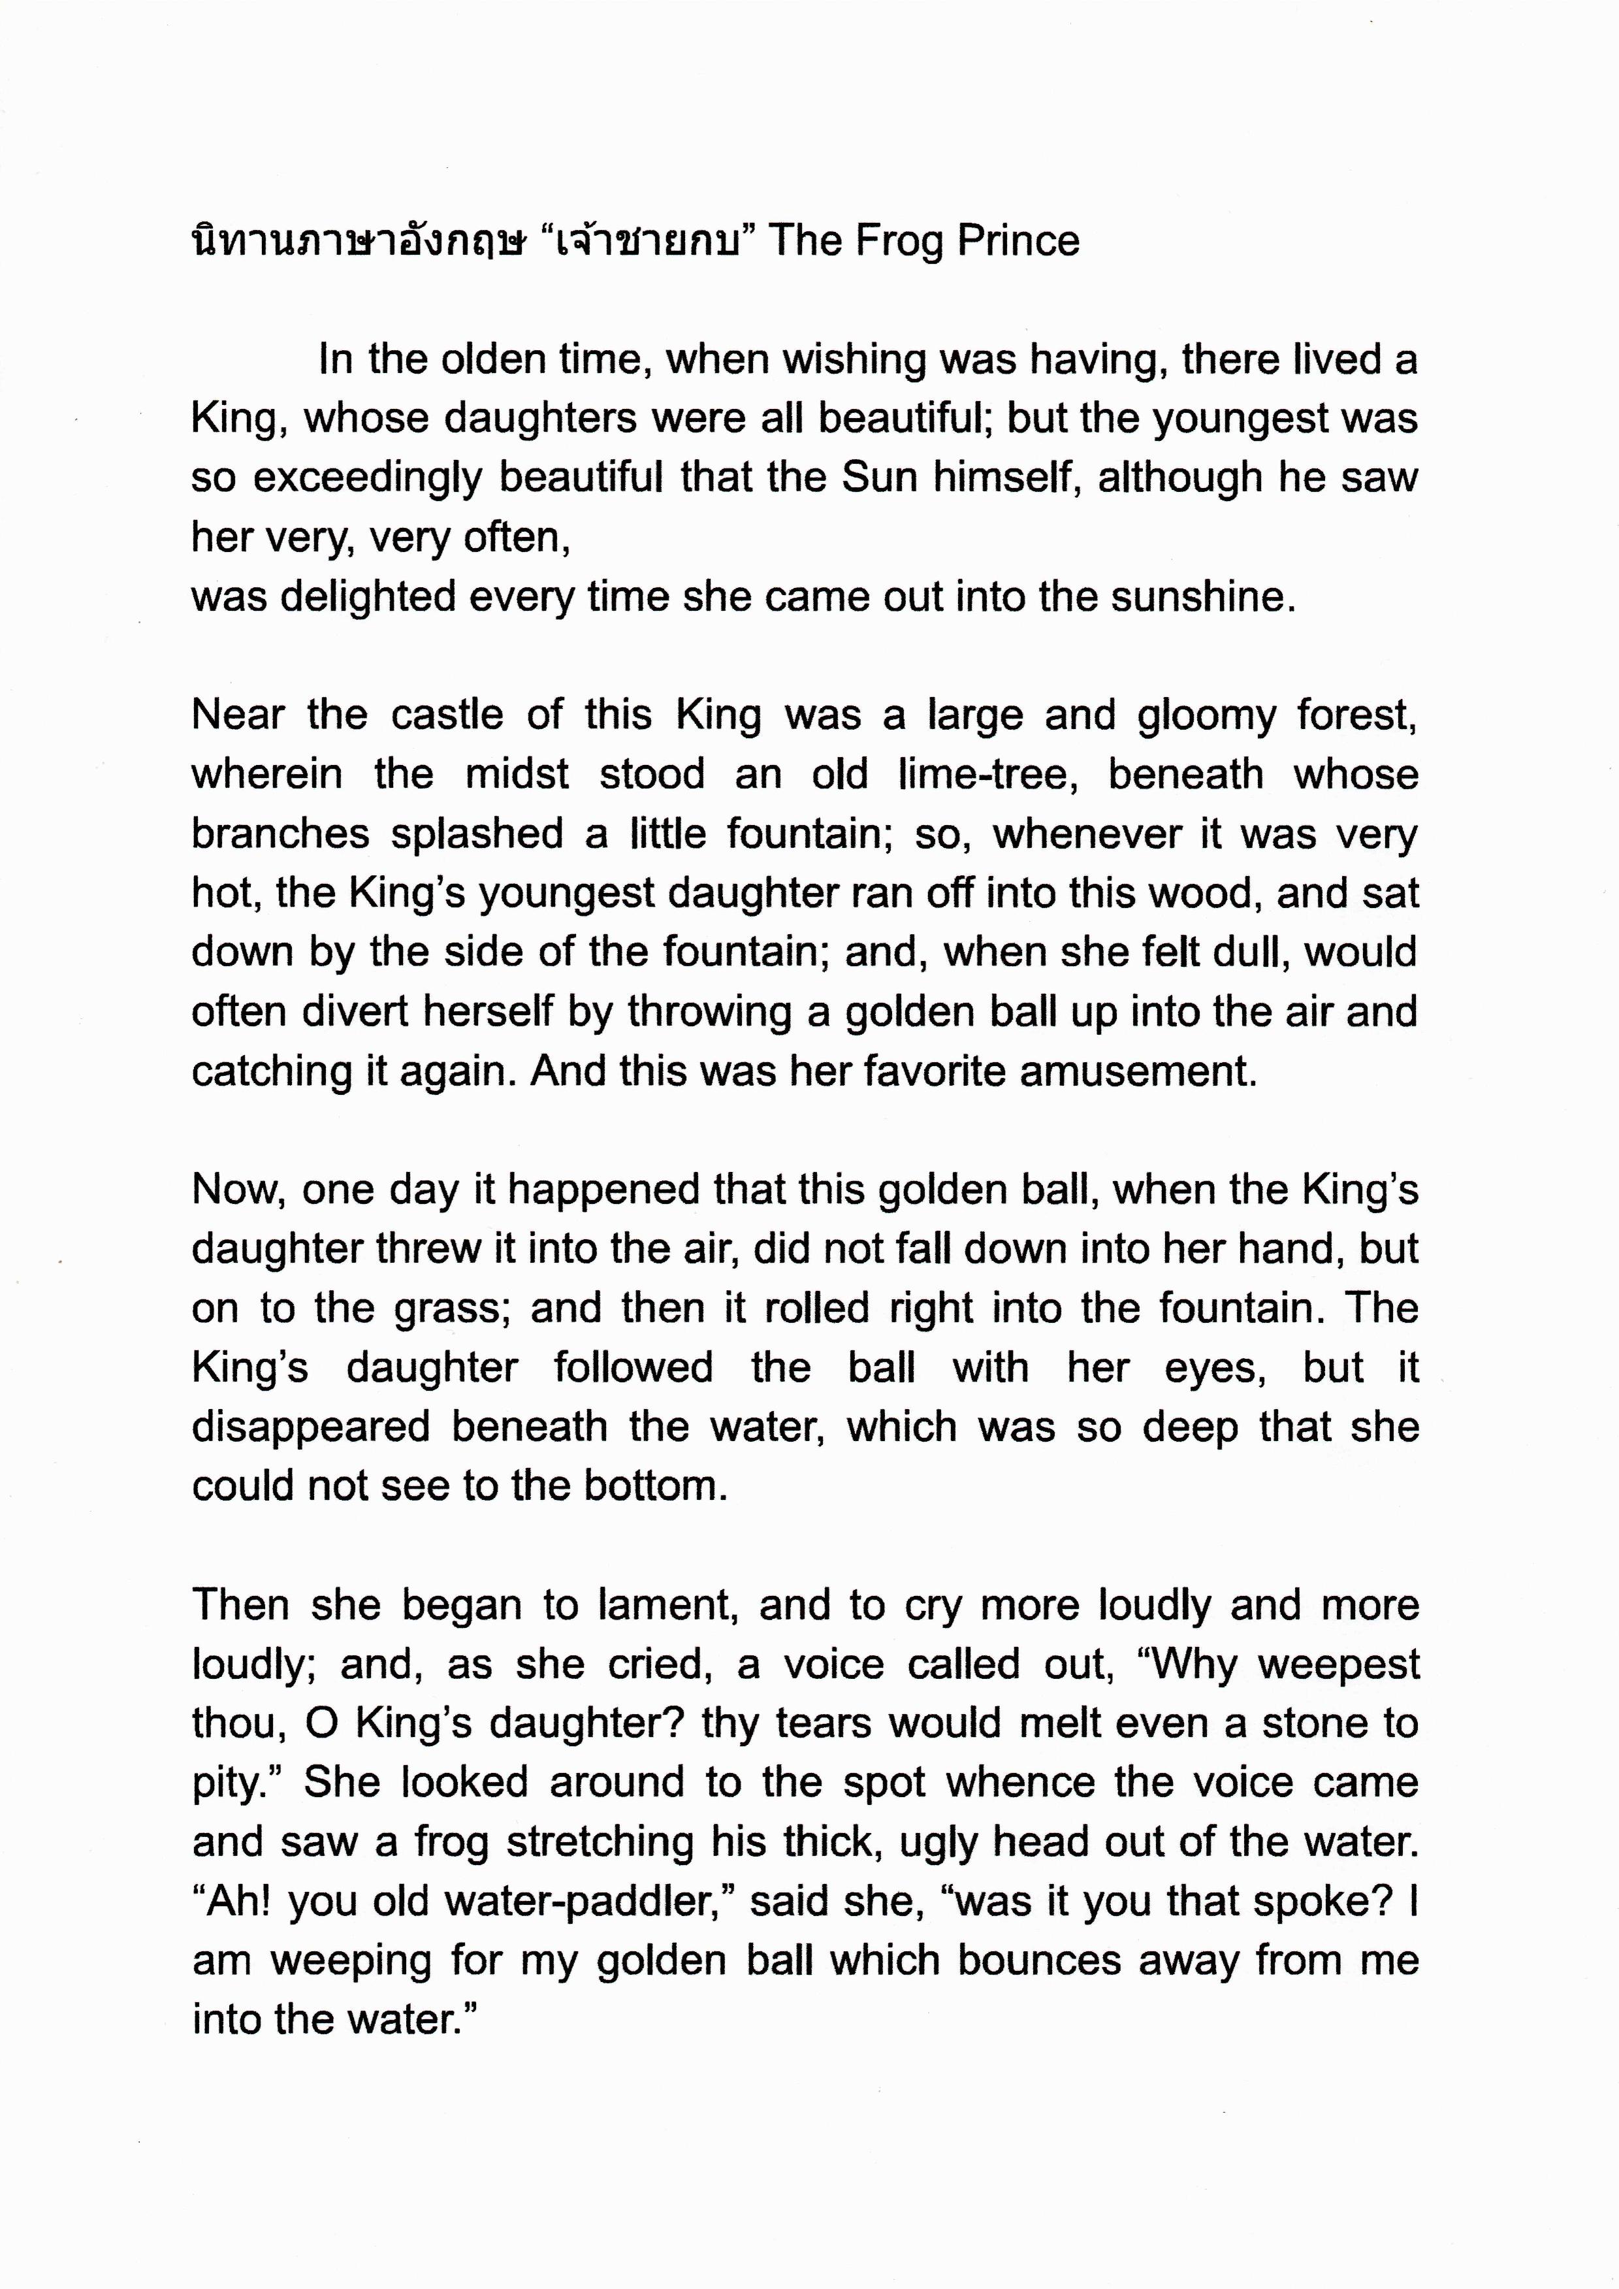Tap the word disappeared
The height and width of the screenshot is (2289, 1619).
310,1427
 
